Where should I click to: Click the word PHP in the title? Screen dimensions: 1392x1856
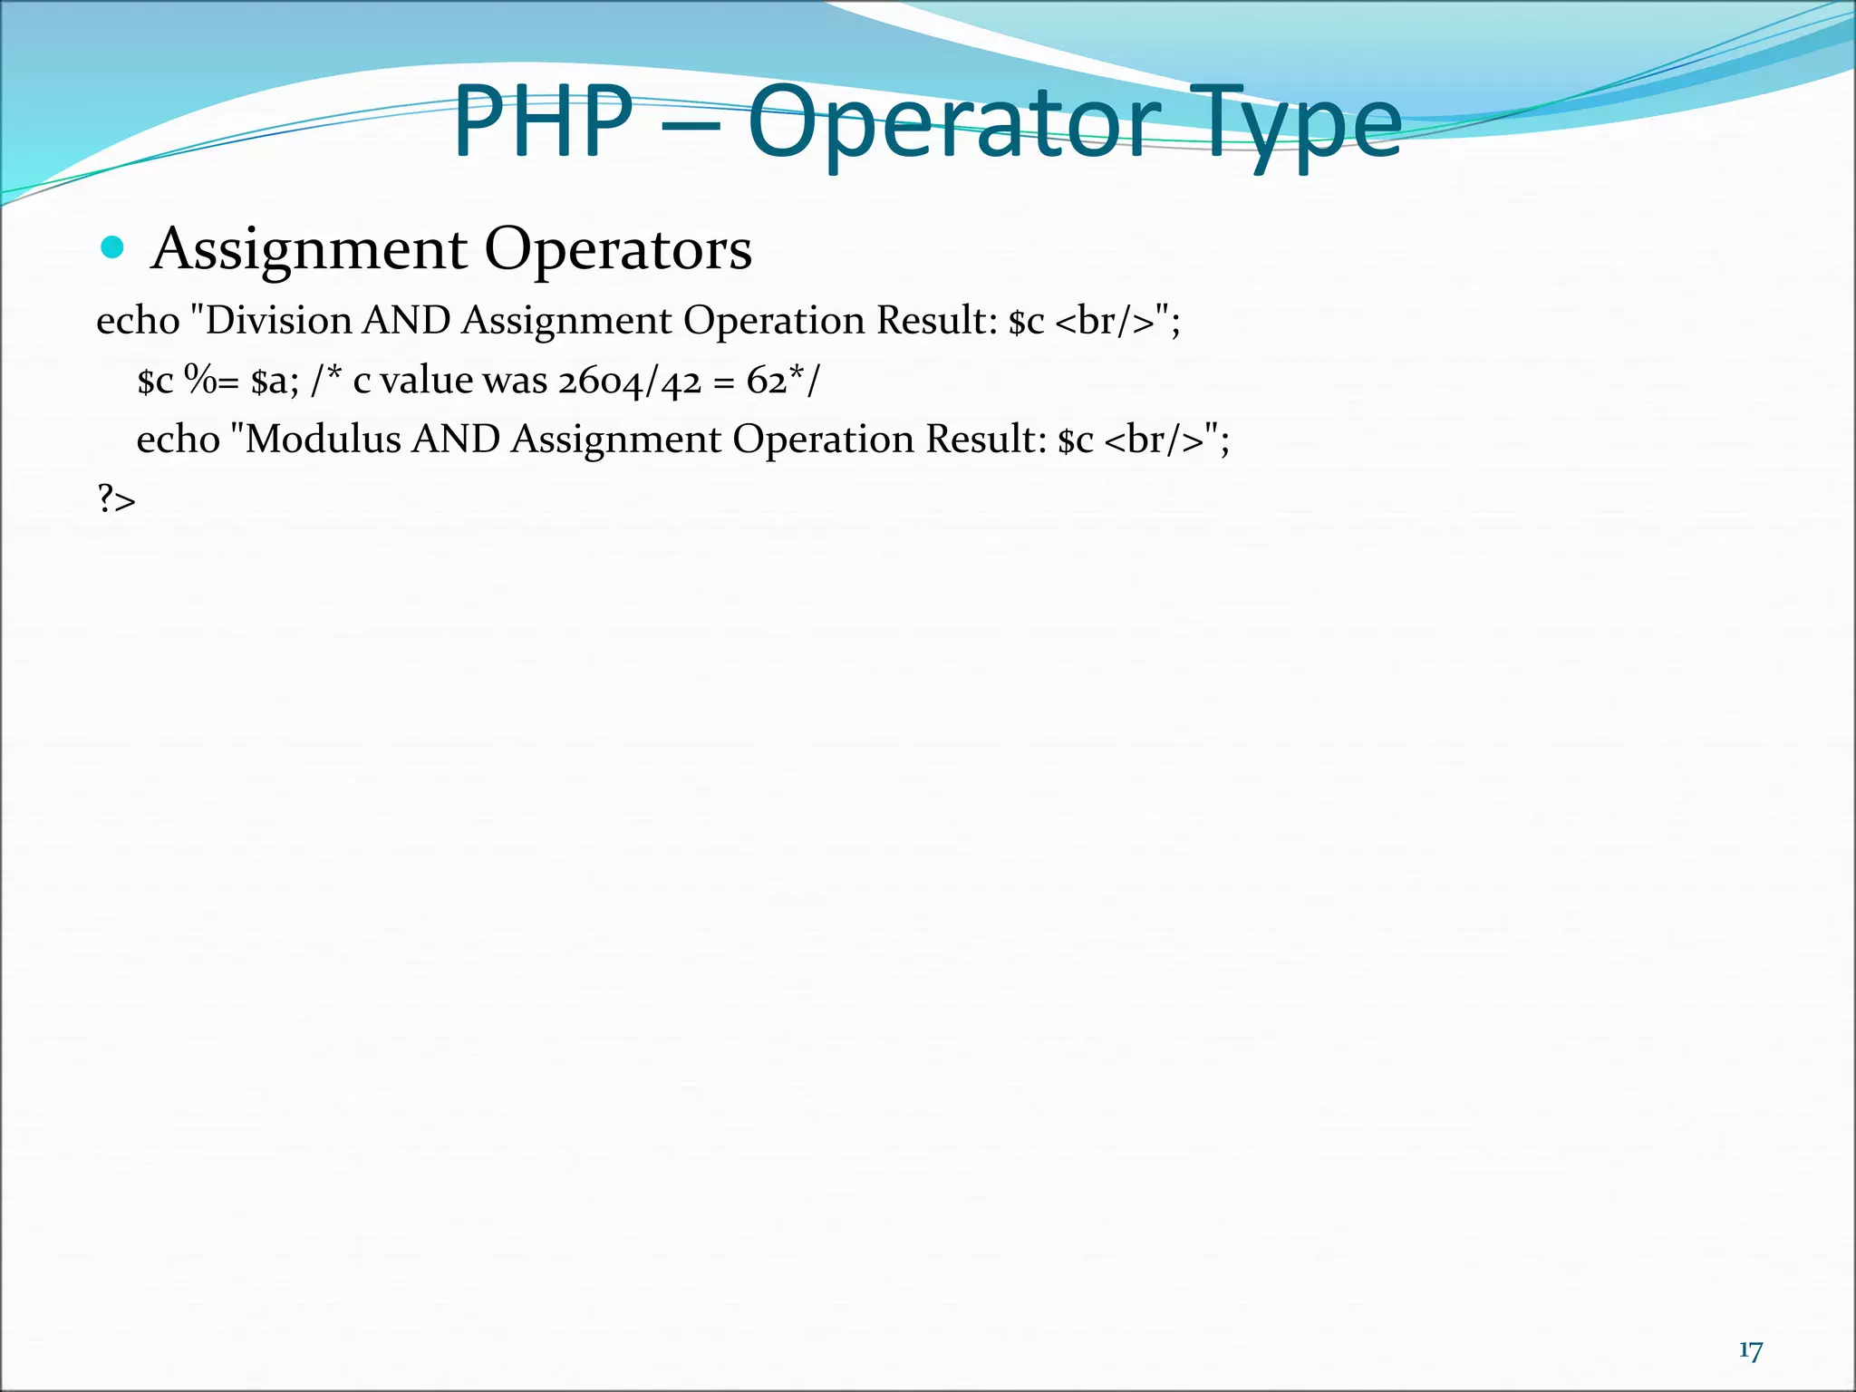pos(542,122)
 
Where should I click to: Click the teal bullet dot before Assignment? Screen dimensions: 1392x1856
pos(112,246)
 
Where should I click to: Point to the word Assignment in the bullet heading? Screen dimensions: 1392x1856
pos(310,249)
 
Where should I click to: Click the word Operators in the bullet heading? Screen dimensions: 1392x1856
pos(618,249)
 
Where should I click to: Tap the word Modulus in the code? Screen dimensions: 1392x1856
pos(323,440)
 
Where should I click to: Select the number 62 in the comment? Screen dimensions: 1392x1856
pos(767,382)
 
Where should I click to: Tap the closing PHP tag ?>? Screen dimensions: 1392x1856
pos(116,499)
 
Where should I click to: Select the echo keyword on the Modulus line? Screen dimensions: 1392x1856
pos(178,440)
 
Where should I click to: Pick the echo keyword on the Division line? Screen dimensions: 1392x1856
pos(138,321)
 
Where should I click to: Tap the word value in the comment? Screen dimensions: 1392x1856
pos(427,381)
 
